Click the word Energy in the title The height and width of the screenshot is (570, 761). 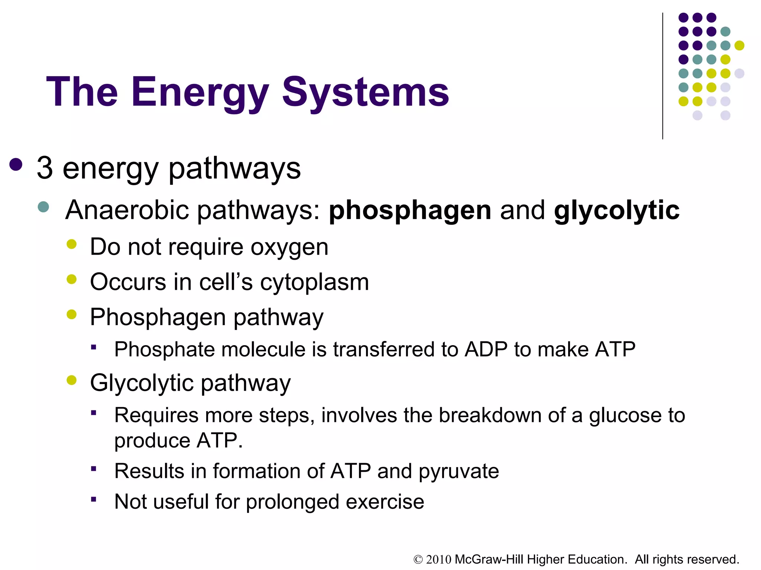click(200, 92)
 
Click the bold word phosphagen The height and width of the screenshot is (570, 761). click(410, 210)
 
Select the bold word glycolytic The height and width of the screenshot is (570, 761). click(616, 210)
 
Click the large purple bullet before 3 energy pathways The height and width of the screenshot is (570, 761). click(16, 164)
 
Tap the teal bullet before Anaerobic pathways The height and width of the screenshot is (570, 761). click(43, 207)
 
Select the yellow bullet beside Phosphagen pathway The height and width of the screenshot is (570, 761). click(71, 315)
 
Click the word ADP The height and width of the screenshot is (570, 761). click(486, 350)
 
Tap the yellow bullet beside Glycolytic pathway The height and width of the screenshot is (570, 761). click(71, 380)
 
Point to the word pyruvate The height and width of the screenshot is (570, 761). click(459, 472)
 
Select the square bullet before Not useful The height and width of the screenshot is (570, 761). click(94, 499)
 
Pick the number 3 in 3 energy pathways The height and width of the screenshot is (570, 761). click(45, 168)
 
